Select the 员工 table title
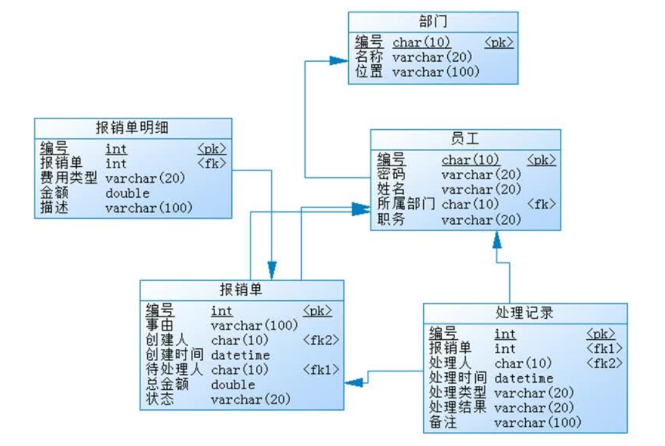(x=465, y=139)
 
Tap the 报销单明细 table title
(x=132, y=128)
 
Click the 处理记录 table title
(x=525, y=313)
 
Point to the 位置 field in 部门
(x=369, y=72)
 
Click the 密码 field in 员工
(x=391, y=175)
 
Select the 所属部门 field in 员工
(x=406, y=204)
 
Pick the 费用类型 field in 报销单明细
(x=69, y=179)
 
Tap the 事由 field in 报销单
(x=160, y=325)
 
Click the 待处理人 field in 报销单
(x=174, y=369)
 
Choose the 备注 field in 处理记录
(x=443, y=423)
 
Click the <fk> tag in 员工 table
(x=541, y=204)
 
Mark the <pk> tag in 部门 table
(x=499, y=43)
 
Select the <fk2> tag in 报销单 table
(x=320, y=340)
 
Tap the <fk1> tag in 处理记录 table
(x=604, y=348)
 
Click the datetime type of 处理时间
(x=523, y=378)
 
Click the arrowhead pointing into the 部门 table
(x=338, y=61)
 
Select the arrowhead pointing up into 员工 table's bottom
(x=496, y=239)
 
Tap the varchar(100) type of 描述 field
(x=148, y=208)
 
